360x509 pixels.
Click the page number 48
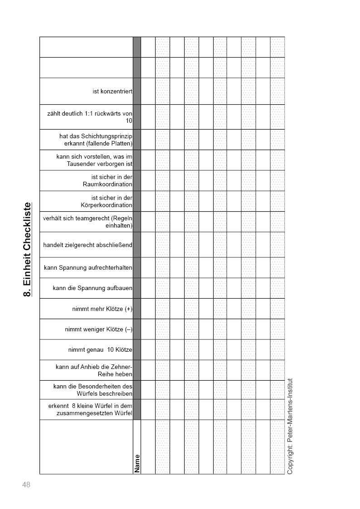(26, 485)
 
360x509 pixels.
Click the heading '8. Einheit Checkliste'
(27, 249)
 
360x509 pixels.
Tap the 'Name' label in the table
(137, 463)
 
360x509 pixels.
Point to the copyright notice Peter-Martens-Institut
(290, 426)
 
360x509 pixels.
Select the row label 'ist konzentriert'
(112, 91)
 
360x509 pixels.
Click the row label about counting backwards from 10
(90, 117)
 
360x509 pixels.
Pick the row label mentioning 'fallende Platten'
(96, 140)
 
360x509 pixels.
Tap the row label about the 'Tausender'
(94, 160)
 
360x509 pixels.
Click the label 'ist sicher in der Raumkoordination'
(107, 180)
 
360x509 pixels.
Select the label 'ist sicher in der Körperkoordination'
(107, 201)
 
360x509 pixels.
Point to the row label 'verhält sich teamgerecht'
(88, 222)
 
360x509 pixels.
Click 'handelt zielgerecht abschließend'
(88, 245)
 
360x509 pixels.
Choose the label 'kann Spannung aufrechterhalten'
(88, 268)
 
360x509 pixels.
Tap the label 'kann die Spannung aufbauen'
(92, 288)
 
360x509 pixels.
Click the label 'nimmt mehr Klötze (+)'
(102, 309)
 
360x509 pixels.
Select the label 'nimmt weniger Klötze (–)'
(98, 330)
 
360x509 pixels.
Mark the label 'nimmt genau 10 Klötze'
(100, 350)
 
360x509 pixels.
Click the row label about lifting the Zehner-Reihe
(94, 370)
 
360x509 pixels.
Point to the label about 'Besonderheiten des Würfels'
(92, 390)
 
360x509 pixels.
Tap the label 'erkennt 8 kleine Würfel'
(90, 409)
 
